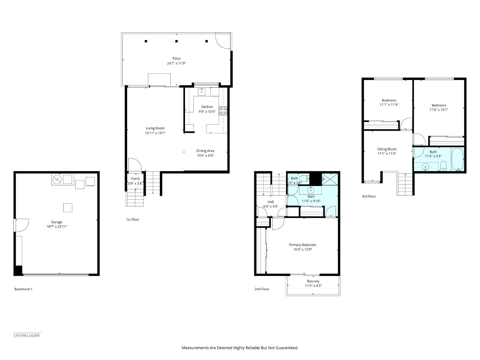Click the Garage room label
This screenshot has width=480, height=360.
point(57,222)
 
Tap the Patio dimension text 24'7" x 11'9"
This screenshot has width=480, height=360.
point(176,63)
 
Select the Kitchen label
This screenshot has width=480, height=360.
point(207,107)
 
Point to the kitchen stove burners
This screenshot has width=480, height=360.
point(223,111)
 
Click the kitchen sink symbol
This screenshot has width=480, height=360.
point(202,92)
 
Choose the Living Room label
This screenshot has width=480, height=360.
point(155,128)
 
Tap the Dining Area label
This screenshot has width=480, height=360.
point(205,151)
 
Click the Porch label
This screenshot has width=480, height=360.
point(135,179)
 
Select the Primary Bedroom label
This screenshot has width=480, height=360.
point(302,245)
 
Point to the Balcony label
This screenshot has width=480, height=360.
point(313,281)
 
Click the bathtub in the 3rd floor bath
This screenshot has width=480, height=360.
point(457,160)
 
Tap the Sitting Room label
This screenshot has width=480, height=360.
point(387,149)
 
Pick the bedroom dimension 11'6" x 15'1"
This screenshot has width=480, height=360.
point(438,110)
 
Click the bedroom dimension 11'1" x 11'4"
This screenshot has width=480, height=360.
point(389,105)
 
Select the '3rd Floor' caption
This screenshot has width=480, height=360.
point(369,196)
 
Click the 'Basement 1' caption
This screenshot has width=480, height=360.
point(23,289)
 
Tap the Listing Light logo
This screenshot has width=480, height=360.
point(27,335)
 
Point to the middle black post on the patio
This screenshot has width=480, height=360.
point(176,41)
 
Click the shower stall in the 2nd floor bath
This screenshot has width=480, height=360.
point(330,179)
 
